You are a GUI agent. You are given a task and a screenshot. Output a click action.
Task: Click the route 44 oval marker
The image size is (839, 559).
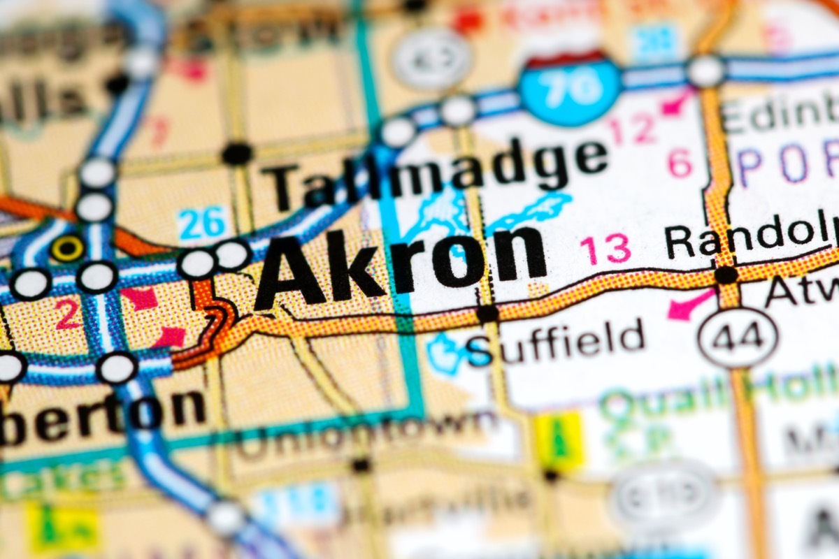[738, 337]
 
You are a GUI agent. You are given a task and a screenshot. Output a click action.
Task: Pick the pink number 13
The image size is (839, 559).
[605, 250]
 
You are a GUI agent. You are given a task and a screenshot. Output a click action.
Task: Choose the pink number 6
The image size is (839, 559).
[680, 163]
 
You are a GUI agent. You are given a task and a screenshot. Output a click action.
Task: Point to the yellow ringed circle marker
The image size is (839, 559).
[67, 248]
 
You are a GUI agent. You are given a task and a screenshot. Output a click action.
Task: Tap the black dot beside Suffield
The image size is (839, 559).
[487, 314]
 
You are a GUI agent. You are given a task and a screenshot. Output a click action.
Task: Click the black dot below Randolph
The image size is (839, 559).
[726, 275]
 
